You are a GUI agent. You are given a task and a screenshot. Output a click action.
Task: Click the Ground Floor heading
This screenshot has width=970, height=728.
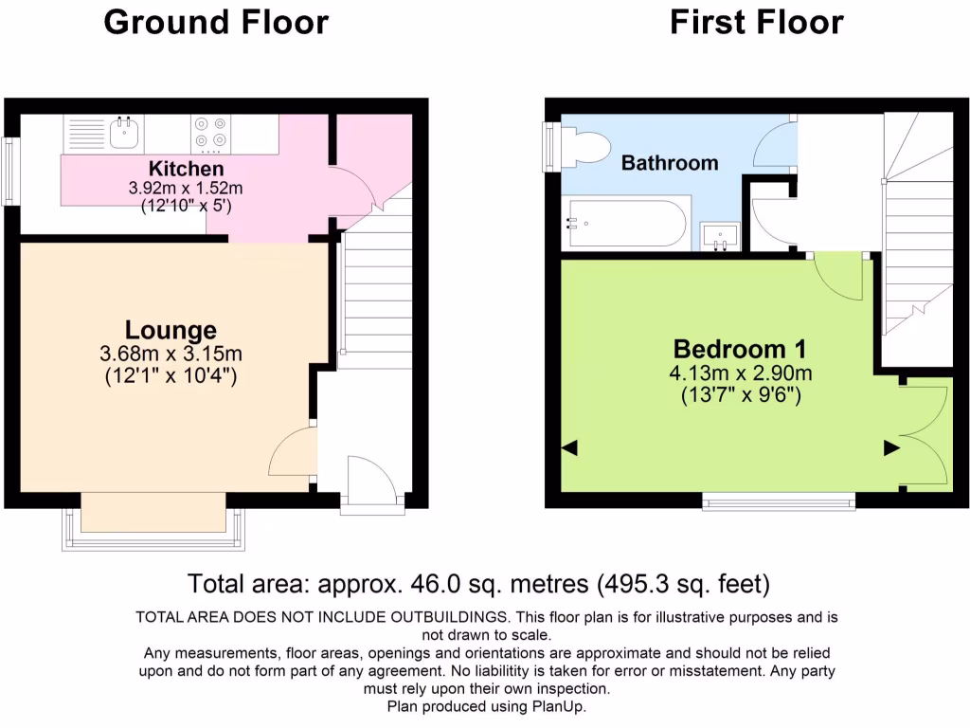point(216,22)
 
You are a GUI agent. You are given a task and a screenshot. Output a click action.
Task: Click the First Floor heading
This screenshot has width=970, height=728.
point(756,22)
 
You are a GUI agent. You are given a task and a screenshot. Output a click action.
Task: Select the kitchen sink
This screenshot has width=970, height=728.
point(123,133)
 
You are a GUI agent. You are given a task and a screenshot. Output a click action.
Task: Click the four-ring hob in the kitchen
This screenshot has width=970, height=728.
point(211,133)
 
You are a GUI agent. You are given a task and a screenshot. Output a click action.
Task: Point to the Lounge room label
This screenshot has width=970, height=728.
point(171,331)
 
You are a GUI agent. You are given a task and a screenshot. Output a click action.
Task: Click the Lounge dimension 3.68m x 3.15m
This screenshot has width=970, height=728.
point(171,355)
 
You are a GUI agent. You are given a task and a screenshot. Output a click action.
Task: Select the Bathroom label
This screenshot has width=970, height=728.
point(670,163)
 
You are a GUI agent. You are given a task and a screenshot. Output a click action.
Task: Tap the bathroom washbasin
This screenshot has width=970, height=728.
point(726,236)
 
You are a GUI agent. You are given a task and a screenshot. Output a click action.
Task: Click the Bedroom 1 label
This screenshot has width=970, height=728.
point(739,349)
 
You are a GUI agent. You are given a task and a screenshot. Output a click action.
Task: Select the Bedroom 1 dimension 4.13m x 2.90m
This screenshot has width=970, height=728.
point(739,373)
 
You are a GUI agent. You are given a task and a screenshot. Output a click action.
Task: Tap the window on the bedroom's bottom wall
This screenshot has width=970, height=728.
point(779,500)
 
